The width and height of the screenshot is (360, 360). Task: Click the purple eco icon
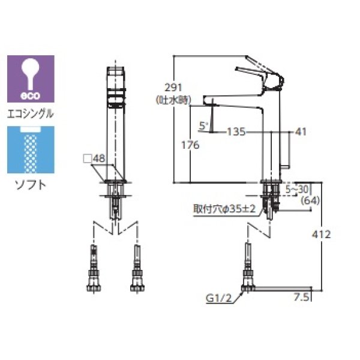(30, 79)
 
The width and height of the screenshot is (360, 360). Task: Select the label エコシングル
(30, 113)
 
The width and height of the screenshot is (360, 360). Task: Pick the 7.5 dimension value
(301, 296)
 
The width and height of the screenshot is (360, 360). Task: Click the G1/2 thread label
(218, 296)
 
